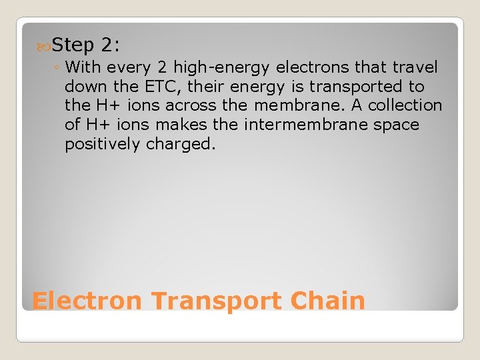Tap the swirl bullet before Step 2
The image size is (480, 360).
coord(44,46)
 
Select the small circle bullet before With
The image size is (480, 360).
coord(57,68)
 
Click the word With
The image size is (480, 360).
coord(83,67)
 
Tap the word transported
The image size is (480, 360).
coord(340,87)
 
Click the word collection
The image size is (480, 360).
coord(405,106)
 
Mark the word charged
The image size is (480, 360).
coord(181,145)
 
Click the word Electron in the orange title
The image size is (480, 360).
coord(87,301)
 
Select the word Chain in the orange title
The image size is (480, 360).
coord(328,301)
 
